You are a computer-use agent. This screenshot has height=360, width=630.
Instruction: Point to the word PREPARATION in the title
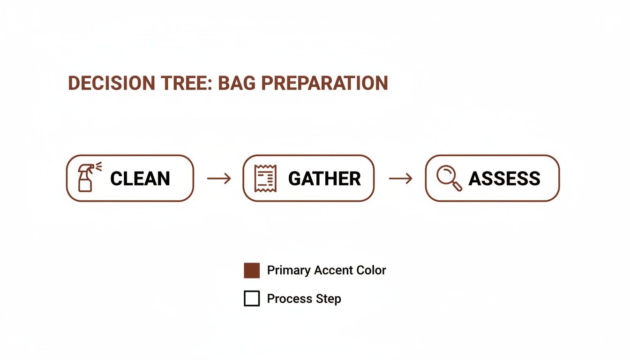pos(324,83)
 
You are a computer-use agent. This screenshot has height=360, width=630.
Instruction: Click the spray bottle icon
pos(86,179)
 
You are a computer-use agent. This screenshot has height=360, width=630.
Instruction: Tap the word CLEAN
pos(140,179)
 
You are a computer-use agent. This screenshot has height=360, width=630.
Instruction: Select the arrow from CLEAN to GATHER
pos(218,179)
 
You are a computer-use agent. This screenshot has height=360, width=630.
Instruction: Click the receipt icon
pos(265,179)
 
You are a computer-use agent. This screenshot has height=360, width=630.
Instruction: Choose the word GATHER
pos(324,179)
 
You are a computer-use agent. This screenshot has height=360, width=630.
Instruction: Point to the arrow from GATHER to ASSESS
pos(400,179)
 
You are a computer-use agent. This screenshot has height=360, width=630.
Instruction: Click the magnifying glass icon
pos(449,179)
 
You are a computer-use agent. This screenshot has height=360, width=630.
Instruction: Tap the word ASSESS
pos(504,179)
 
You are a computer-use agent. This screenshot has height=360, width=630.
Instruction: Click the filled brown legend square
pos(252,270)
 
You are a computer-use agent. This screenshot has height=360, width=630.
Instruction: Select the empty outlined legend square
pos(252,299)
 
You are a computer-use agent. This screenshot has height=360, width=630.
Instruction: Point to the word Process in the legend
pos(289,299)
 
